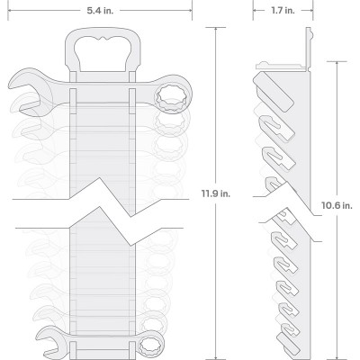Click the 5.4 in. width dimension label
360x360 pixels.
(100, 11)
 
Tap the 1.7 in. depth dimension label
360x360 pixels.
(283, 11)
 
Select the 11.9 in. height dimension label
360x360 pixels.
(216, 193)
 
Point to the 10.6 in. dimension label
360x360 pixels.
(337, 206)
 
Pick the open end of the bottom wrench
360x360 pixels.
(48, 342)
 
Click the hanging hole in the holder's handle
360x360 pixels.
(103, 53)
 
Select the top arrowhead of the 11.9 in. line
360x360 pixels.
(216, 30)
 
